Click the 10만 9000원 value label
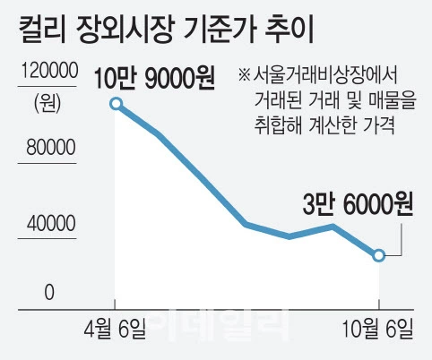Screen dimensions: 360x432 [x=154, y=79]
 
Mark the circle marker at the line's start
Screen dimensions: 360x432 [x=115, y=104]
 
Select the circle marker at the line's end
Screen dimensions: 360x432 [x=379, y=255]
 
